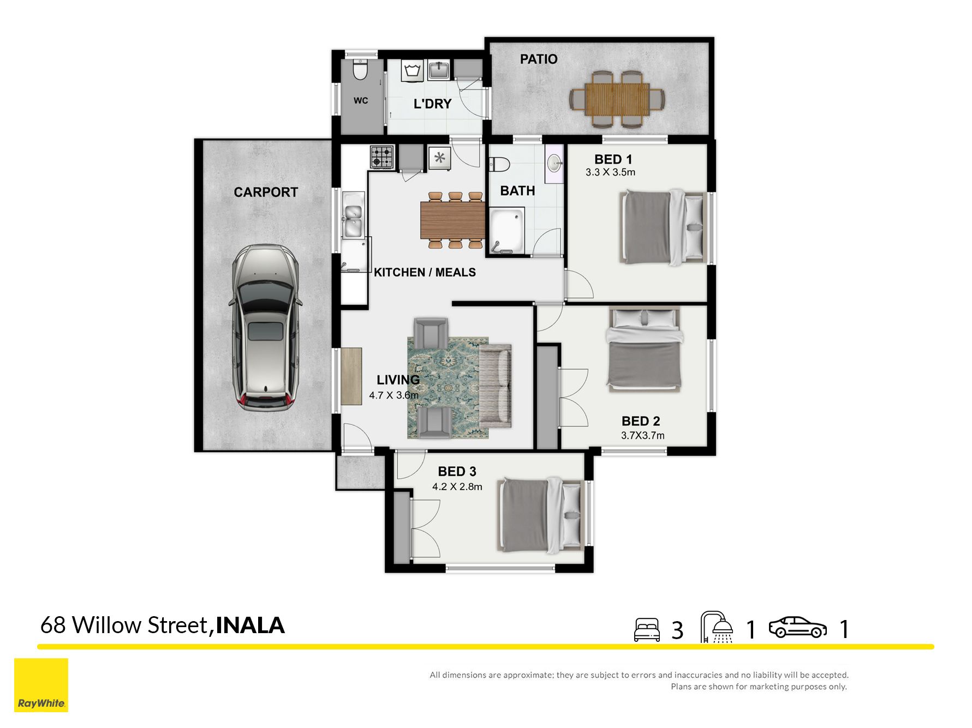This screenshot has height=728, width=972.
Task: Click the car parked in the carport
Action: coord(266,327)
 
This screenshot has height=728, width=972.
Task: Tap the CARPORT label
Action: coord(266,192)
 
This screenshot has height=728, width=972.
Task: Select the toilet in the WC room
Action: coord(360,69)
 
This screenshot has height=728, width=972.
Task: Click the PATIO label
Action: coord(539,59)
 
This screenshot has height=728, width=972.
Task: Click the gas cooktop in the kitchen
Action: coord(382,157)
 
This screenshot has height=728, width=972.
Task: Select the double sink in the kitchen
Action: coord(353,214)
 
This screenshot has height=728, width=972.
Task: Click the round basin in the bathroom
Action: coord(554,163)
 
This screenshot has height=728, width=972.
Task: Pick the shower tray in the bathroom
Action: coord(506,231)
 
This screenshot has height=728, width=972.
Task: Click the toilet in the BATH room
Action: coord(499,164)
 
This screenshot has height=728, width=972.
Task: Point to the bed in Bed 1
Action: coord(663,227)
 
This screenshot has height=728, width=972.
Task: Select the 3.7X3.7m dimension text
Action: coord(642,435)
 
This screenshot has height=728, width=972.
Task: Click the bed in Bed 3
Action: coord(541,515)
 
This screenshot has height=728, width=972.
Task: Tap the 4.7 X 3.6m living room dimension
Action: coord(393,395)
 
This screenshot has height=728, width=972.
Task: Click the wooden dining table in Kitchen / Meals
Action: coord(452,220)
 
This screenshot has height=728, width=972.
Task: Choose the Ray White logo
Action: coord(41,685)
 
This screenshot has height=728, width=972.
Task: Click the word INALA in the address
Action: coord(251,625)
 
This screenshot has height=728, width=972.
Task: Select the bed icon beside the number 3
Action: coord(647,629)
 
